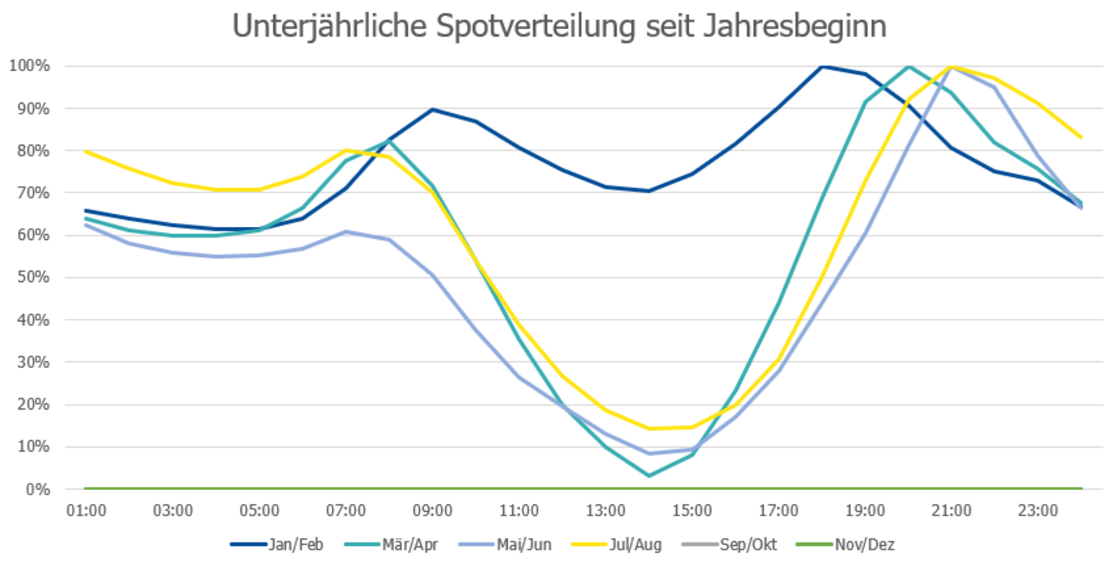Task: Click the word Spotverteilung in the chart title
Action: click(x=536, y=27)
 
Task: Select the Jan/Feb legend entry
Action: click(x=277, y=544)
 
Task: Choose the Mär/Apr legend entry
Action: click(x=391, y=544)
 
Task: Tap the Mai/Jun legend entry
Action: click(x=505, y=544)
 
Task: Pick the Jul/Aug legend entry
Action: click(x=617, y=544)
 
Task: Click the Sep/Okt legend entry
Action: click(x=729, y=544)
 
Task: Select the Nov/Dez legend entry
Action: click(x=846, y=544)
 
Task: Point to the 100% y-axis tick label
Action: click(x=29, y=66)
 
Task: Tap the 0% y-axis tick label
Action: click(x=38, y=489)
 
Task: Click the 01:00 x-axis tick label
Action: click(x=86, y=511)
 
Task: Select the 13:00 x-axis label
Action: click(x=606, y=511)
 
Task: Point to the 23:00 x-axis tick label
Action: click(x=1038, y=511)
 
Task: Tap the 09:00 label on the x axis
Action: click(x=432, y=511)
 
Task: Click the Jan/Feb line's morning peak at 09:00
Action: click(x=432, y=109)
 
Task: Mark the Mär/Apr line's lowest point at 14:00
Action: click(x=649, y=476)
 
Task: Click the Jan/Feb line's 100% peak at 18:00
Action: click(x=822, y=67)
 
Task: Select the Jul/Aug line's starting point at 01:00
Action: click(x=86, y=151)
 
